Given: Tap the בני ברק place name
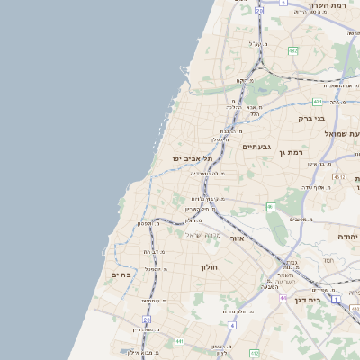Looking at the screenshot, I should pos(311,118).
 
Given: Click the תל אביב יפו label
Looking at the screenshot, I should pos(193,158).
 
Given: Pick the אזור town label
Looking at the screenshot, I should pos(238,238).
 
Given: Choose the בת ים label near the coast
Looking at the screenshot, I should pos(121,274).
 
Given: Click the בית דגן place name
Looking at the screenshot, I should pos(309,299).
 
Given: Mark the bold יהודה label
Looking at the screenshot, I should pos(347,236).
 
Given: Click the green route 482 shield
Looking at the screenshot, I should pos(293,51).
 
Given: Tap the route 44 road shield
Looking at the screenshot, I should pos(283,297).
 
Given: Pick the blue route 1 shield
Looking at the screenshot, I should pos(335,299).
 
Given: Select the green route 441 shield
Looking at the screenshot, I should pos(181,342).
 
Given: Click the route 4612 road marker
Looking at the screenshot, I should pos(338,177).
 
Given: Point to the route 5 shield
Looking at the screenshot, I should pos(283,3).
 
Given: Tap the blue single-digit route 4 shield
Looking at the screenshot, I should pos(232,325).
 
